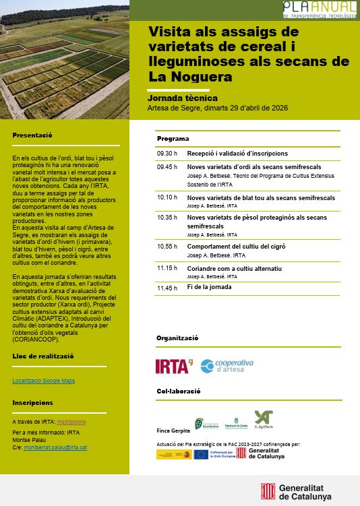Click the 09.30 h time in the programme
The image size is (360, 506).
tap(167, 153)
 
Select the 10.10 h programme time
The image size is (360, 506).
tap(167, 198)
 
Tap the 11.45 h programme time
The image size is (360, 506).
tap(167, 287)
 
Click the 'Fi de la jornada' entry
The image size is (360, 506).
tap(209, 287)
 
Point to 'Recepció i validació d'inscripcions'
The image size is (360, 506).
tap(237, 153)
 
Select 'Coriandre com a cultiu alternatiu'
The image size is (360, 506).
tap(234, 268)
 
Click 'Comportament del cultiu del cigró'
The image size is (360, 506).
tap(236, 247)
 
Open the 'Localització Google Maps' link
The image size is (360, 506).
tap(43, 381)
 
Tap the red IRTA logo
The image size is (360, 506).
tap(173, 366)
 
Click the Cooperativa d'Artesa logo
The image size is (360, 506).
tap(227, 366)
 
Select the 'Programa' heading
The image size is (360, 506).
tap(173, 139)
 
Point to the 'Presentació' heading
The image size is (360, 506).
tap(33, 135)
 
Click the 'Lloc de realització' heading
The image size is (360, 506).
tap(43, 356)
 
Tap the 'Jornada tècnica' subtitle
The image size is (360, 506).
tap(182, 98)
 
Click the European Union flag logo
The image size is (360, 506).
tap(201, 454)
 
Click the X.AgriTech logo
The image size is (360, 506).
tap(264, 420)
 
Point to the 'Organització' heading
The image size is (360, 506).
tap(177, 338)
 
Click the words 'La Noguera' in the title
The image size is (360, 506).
tap(190, 77)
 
